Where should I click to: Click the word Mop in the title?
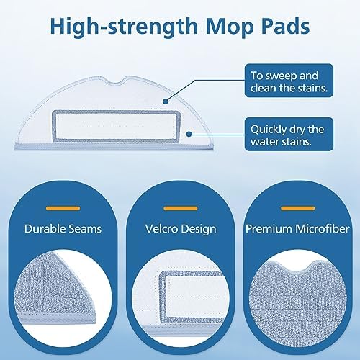(230, 27)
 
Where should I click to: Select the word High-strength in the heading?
(124, 27)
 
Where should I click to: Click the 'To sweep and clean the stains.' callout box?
(289, 81)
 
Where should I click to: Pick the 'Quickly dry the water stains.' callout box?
(289, 134)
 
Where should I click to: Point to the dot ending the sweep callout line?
(165, 102)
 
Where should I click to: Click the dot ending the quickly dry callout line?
(189, 134)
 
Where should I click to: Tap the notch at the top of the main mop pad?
(120, 81)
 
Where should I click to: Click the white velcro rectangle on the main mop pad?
(117, 126)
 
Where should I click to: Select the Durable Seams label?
(63, 229)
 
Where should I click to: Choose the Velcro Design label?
(181, 229)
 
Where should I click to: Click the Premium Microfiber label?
(297, 229)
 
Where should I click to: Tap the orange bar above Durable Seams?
(63, 208)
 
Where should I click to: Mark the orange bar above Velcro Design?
(181, 208)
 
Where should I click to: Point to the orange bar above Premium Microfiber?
(297, 208)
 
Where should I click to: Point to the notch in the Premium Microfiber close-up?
(297, 267)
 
